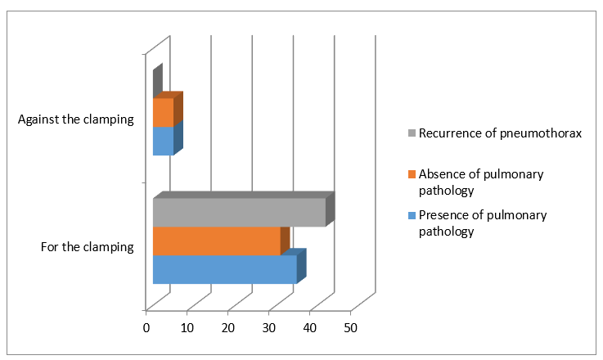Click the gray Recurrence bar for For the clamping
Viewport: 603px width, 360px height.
(x=239, y=212)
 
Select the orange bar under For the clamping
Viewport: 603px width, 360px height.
(x=217, y=241)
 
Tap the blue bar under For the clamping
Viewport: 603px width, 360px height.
(x=224, y=269)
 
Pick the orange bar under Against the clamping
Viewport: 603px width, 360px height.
(x=163, y=112)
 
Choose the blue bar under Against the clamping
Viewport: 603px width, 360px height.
(x=163, y=141)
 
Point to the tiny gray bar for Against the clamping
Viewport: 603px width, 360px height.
(x=157, y=81)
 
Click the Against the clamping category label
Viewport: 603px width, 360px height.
(x=75, y=119)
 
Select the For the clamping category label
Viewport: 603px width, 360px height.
(x=87, y=246)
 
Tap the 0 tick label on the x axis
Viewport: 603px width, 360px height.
(x=146, y=327)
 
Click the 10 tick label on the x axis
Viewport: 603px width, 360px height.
(x=187, y=327)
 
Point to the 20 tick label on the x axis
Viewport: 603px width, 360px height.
(x=228, y=327)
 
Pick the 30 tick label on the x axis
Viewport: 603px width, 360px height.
(x=269, y=327)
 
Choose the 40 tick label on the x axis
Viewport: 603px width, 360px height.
(x=310, y=327)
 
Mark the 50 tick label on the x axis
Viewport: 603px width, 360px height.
(x=351, y=327)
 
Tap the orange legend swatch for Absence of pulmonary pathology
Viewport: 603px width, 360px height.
(x=412, y=175)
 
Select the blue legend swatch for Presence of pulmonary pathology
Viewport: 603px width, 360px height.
(x=412, y=216)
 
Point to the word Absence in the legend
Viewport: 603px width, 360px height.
(x=442, y=174)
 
